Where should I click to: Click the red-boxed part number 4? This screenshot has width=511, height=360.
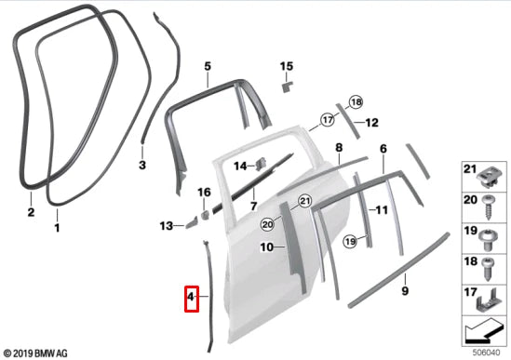(191, 298)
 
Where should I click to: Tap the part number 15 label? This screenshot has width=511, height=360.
(287, 66)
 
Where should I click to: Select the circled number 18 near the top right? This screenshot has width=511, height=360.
(355, 101)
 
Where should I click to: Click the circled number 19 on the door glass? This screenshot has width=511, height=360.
(350, 241)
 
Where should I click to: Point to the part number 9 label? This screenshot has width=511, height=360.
(406, 292)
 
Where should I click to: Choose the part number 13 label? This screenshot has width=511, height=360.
(166, 226)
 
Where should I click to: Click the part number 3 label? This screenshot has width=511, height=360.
(142, 166)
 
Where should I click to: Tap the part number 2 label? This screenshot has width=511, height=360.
(30, 212)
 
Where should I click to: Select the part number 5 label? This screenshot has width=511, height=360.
(208, 66)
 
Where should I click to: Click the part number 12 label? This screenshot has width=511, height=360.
(372, 123)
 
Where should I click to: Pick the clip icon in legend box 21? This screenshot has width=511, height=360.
(485, 174)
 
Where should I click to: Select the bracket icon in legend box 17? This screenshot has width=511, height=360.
(485, 300)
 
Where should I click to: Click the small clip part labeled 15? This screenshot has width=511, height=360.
(286, 85)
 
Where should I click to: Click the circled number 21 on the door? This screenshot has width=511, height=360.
(304, 202)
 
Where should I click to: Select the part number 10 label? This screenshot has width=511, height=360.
(266, 247)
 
